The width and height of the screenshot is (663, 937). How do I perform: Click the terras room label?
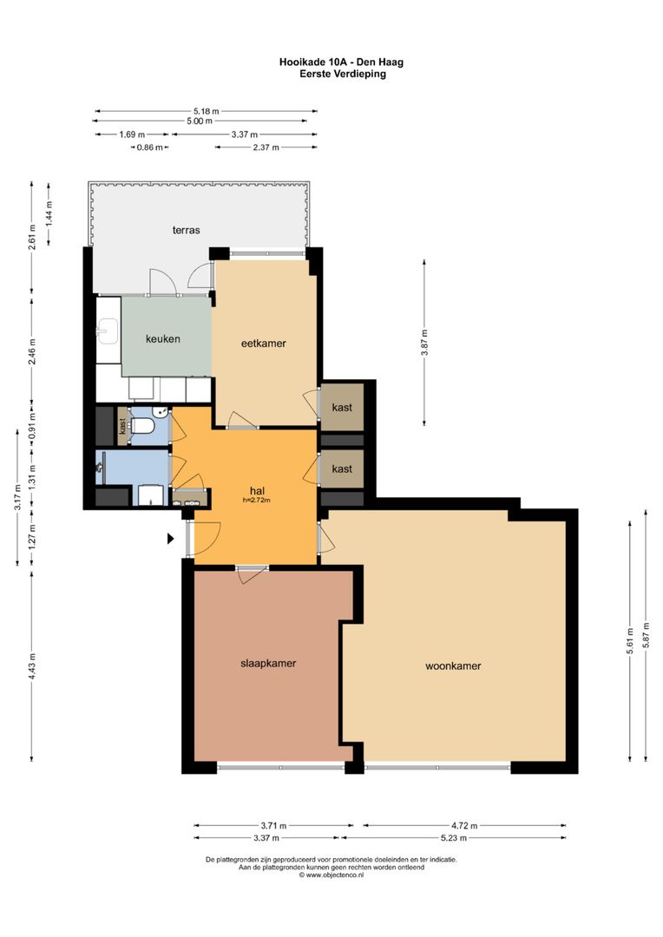click(x=186, y=230)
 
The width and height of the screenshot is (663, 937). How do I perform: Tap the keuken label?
click(x=162, y=339)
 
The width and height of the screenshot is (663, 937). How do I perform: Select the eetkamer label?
click(x=263, y=343)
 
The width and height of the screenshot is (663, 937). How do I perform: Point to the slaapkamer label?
click(x=268, y=664)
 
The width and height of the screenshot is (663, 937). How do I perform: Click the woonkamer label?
click(x=453, y=665)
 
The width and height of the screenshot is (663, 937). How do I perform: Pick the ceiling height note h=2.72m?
click(x=257, y=501)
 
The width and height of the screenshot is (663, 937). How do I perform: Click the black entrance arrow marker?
click(x=170, y=539)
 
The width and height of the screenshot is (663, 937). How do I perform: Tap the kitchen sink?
click(x=108, y=331)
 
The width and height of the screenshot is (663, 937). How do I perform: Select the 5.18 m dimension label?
click(x=206, y=110)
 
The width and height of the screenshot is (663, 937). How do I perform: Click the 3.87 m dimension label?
click(x=424, y=343)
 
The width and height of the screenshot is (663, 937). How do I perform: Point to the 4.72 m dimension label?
click(x=464, y=826)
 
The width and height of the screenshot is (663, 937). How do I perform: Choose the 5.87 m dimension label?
click(x=646, y=636)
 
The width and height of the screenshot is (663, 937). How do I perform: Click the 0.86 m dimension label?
click(x=149, y=147)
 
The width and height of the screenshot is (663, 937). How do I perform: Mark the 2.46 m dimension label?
click(x=32, y=352)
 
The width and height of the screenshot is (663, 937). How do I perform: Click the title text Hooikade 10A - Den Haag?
click(x=341, y=62)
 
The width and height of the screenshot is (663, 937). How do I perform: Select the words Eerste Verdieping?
click(x=343, y=74)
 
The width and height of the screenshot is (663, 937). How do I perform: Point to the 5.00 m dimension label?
click(x=200, y=121)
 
